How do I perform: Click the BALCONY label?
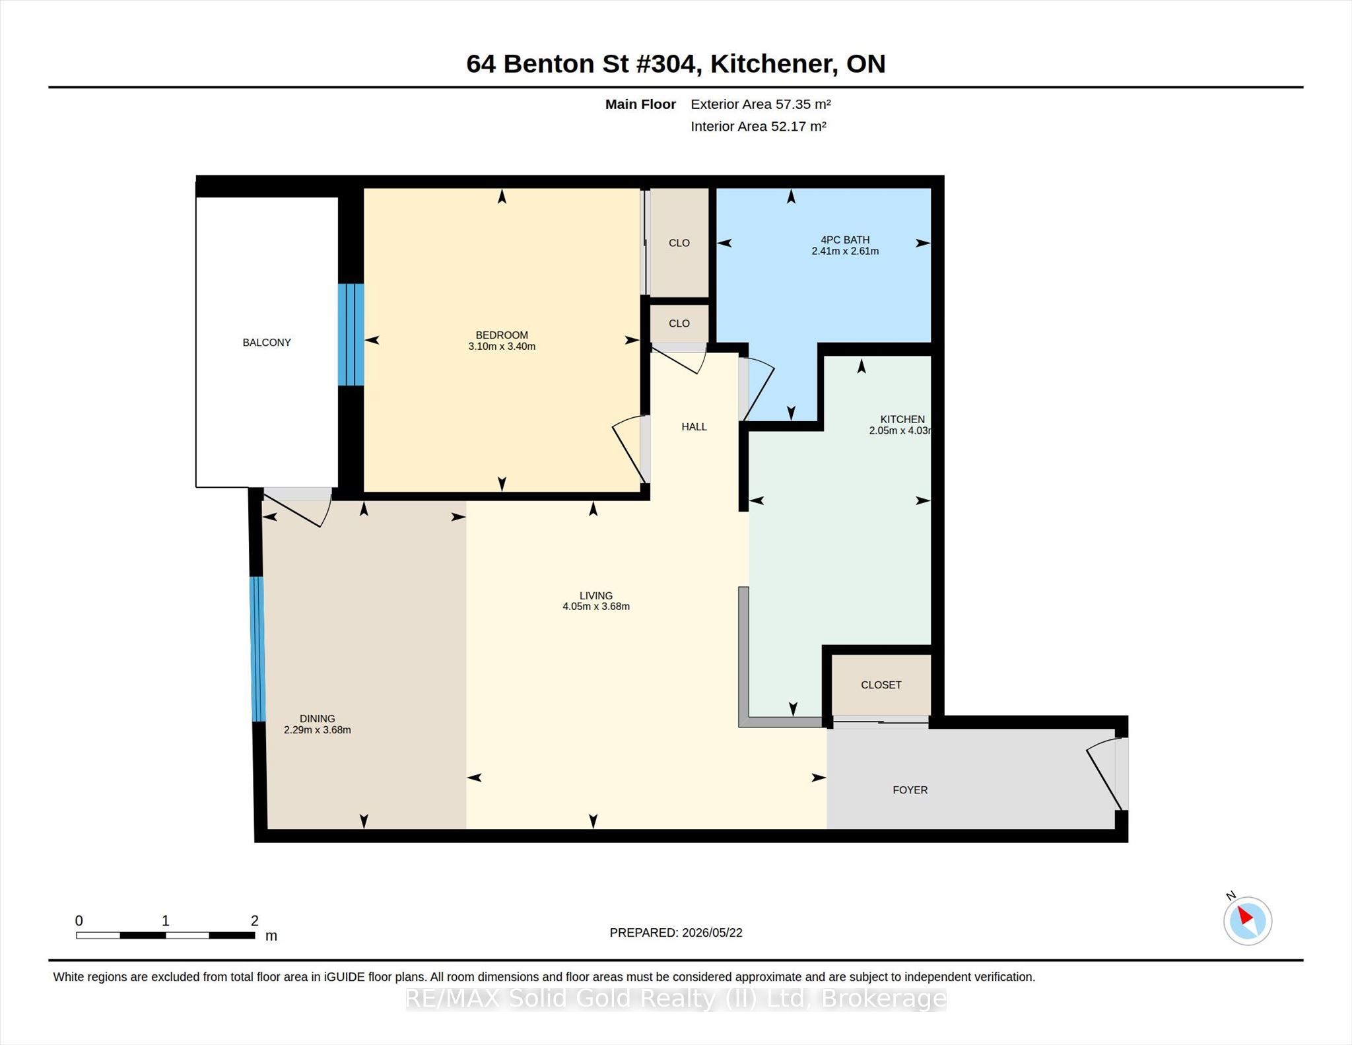(267, 342)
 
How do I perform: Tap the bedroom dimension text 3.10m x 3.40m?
(502, 346)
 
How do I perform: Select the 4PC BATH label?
(845, 240)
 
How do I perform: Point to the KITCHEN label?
(902, 419)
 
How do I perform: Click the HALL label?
(694, 426)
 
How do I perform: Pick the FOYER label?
(910, 790)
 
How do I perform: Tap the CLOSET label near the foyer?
(881, 685)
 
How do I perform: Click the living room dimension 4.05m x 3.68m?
(596, 606)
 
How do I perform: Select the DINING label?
(318, 718)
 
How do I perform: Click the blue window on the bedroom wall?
(351, 335)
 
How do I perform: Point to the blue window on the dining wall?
(257, 649)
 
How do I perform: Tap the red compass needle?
(1244, 915)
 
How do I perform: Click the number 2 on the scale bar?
(254, 920)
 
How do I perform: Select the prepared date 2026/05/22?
(712, 932)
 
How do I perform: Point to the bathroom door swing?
(758, 389)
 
